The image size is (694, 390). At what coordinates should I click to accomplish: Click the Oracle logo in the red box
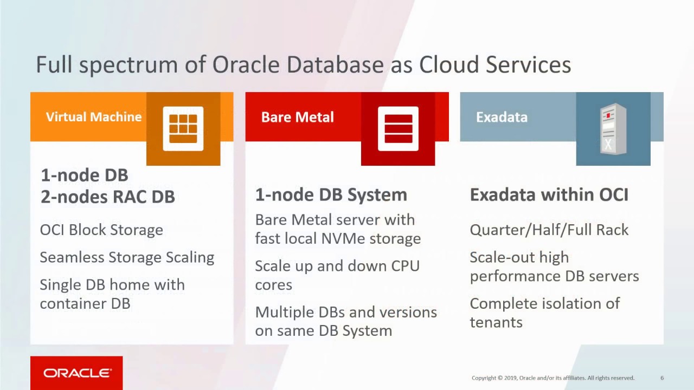[x=77, y=373]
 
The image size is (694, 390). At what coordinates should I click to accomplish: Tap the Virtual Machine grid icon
[x=183, y=129]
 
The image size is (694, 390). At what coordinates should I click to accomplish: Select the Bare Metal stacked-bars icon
[x=398, y=129]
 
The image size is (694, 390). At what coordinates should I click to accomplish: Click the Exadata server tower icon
[x=613, y=129]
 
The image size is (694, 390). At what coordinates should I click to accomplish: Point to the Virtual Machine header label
[x=94, y=117]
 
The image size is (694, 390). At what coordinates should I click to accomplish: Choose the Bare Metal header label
[x=297, y=117]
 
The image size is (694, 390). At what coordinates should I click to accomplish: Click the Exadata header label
[x=502, y=117]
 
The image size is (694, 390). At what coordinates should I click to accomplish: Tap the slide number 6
[x=662, y=378]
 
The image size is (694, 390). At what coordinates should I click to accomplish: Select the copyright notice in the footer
[x=552, y=378]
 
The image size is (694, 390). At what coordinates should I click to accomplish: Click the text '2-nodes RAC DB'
[x=108, y=197]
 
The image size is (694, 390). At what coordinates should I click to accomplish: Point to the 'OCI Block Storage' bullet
[x=101, y=230]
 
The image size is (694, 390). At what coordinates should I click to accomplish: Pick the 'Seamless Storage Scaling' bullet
[x=127, y=257]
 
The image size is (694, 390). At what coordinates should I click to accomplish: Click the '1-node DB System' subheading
[x=331, y=194]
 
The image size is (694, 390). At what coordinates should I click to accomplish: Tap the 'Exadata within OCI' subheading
[x=549, y=194]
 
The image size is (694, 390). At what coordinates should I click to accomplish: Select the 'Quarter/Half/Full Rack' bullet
[x=549, y=230]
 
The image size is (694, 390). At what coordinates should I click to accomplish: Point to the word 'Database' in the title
[x=335, y=64]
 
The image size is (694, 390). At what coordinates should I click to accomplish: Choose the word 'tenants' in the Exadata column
[x=496, y=322]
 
